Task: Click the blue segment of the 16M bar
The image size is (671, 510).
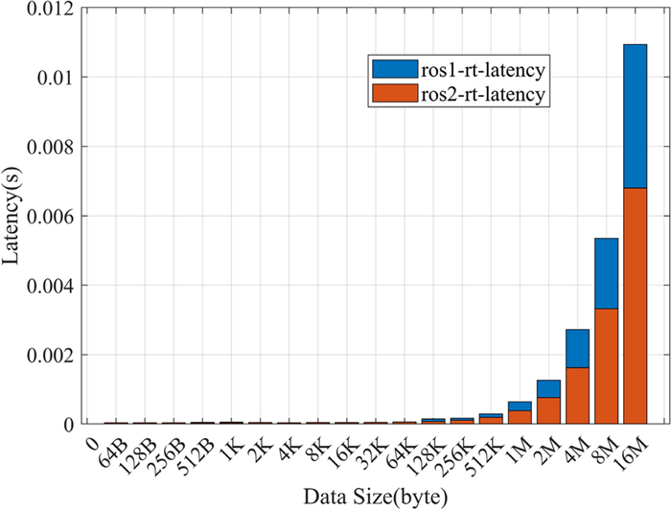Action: (635, 115)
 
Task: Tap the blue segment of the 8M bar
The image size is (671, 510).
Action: (606, 273)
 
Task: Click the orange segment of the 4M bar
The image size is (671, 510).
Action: (577, 395)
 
